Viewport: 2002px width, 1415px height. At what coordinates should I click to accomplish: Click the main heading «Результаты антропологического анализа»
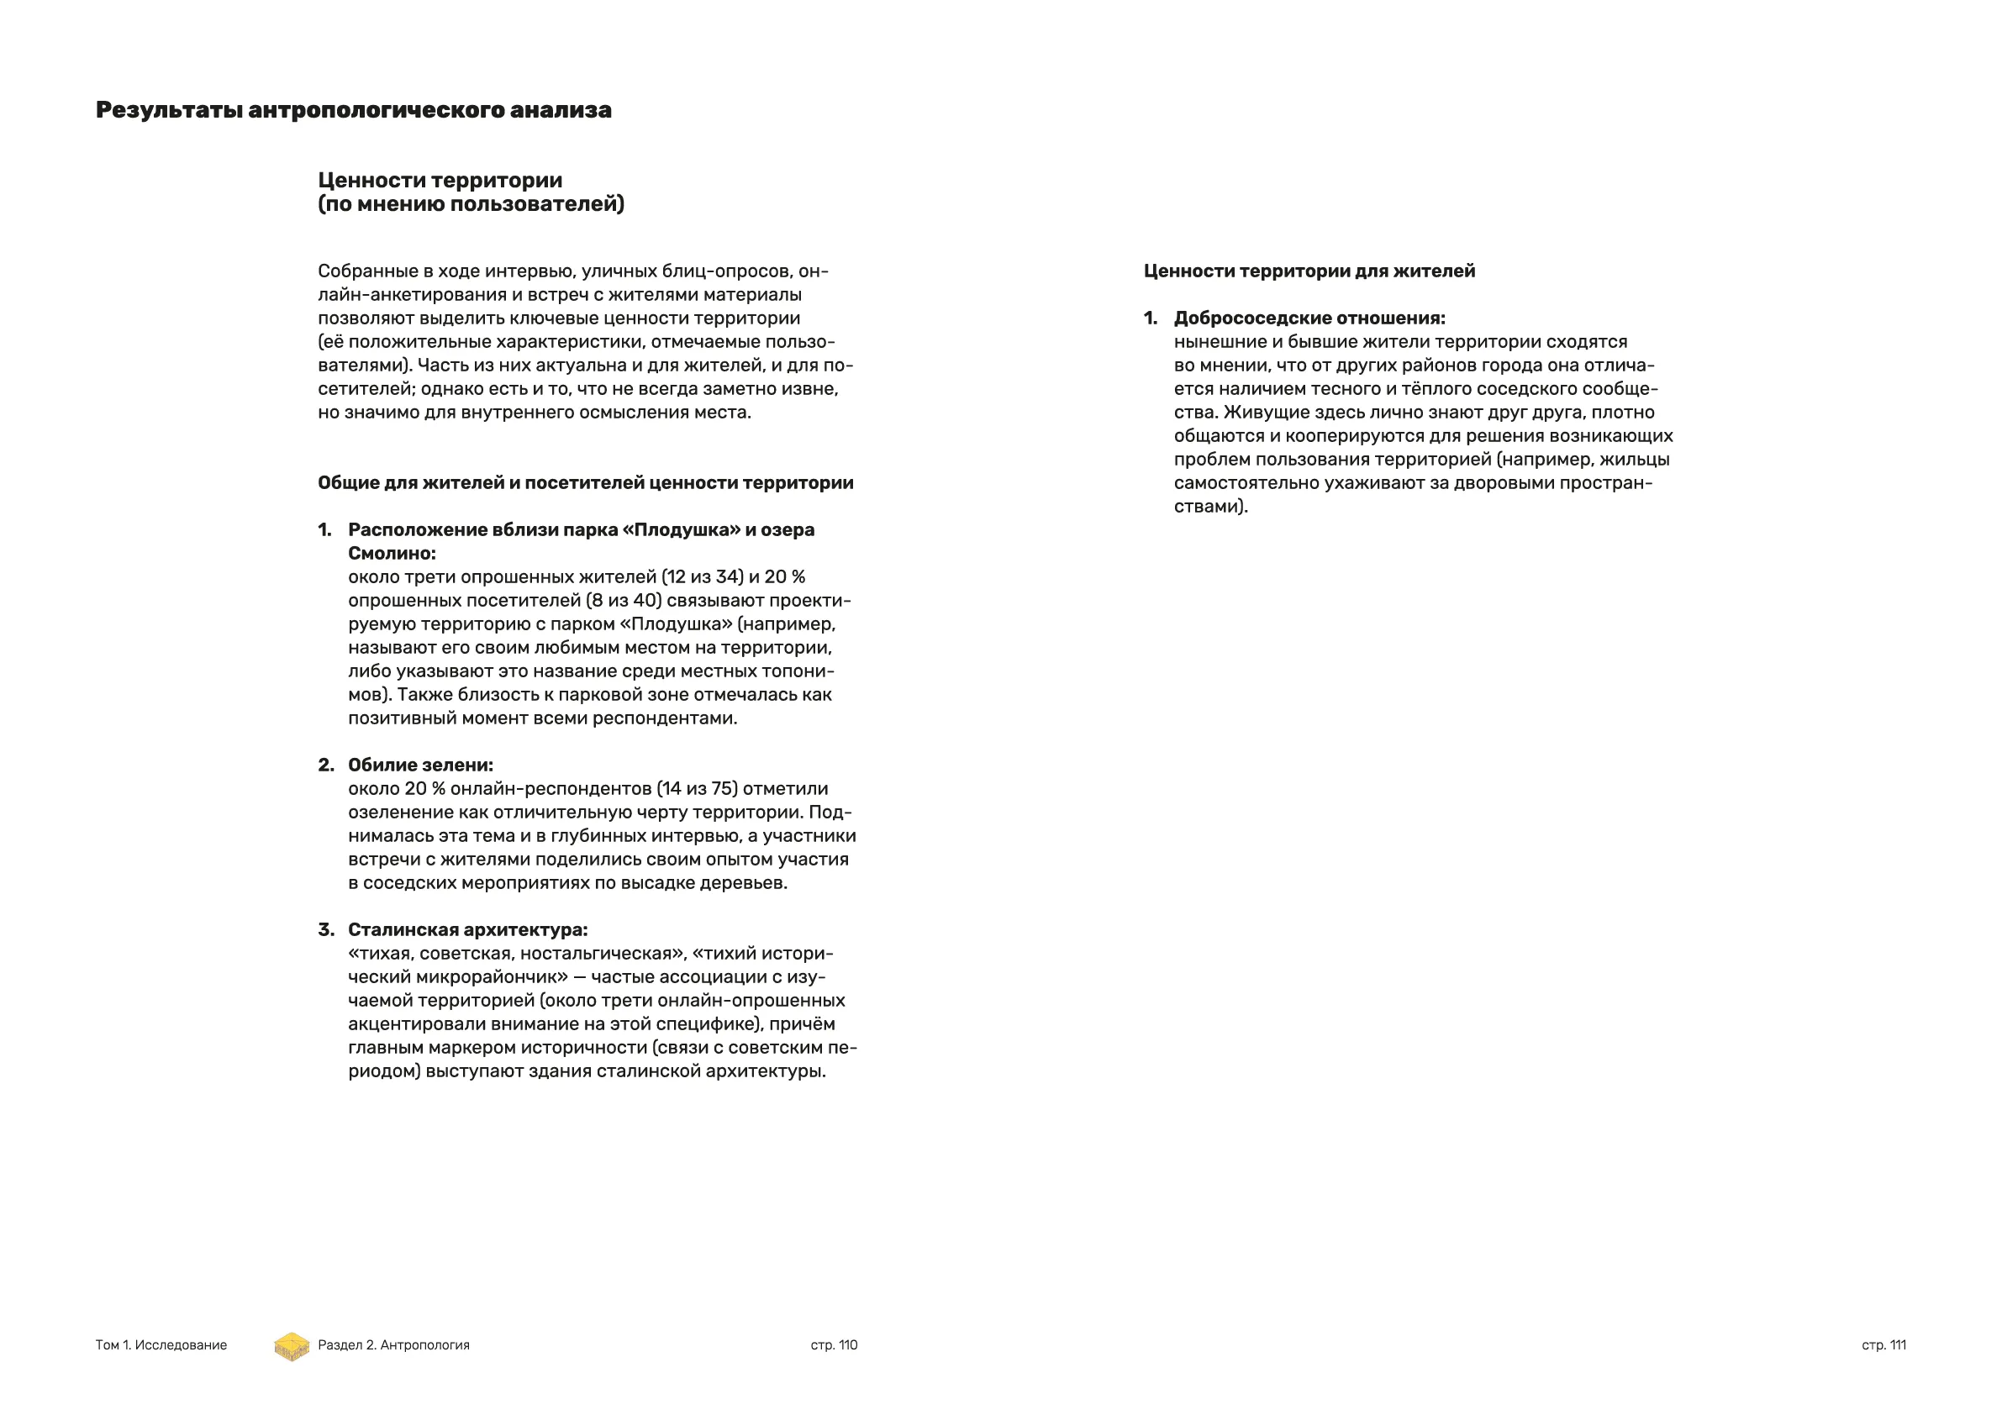click(353, 111)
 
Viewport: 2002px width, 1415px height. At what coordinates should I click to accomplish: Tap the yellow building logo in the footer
click(292, 1346)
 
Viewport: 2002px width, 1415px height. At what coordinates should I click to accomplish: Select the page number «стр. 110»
click(834, 1345)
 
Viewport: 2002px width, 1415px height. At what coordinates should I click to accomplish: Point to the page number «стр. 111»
click(1883, 1345)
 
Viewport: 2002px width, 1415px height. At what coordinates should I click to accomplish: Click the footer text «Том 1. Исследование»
click(161, 1345)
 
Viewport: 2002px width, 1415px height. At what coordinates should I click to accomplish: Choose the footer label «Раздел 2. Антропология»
click(393, 1345)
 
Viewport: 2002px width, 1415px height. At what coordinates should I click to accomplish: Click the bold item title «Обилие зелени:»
click(420, 765)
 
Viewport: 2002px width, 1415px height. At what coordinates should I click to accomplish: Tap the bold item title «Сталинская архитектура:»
click(467, 930)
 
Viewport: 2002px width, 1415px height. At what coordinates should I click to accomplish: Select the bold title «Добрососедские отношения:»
click(1309, 318)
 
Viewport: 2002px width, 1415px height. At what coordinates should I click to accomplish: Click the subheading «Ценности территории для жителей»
click(1309, 271)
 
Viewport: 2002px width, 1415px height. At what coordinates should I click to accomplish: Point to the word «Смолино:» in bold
click(392, 554)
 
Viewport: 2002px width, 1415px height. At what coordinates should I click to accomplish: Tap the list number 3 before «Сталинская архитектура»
click(325, 930)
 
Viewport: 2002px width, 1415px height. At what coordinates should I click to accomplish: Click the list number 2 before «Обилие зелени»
click(325, 765)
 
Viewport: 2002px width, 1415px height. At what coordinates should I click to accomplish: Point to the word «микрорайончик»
click(487, 977)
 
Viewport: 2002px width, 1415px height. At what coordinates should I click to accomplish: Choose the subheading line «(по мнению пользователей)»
click(471, 204)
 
